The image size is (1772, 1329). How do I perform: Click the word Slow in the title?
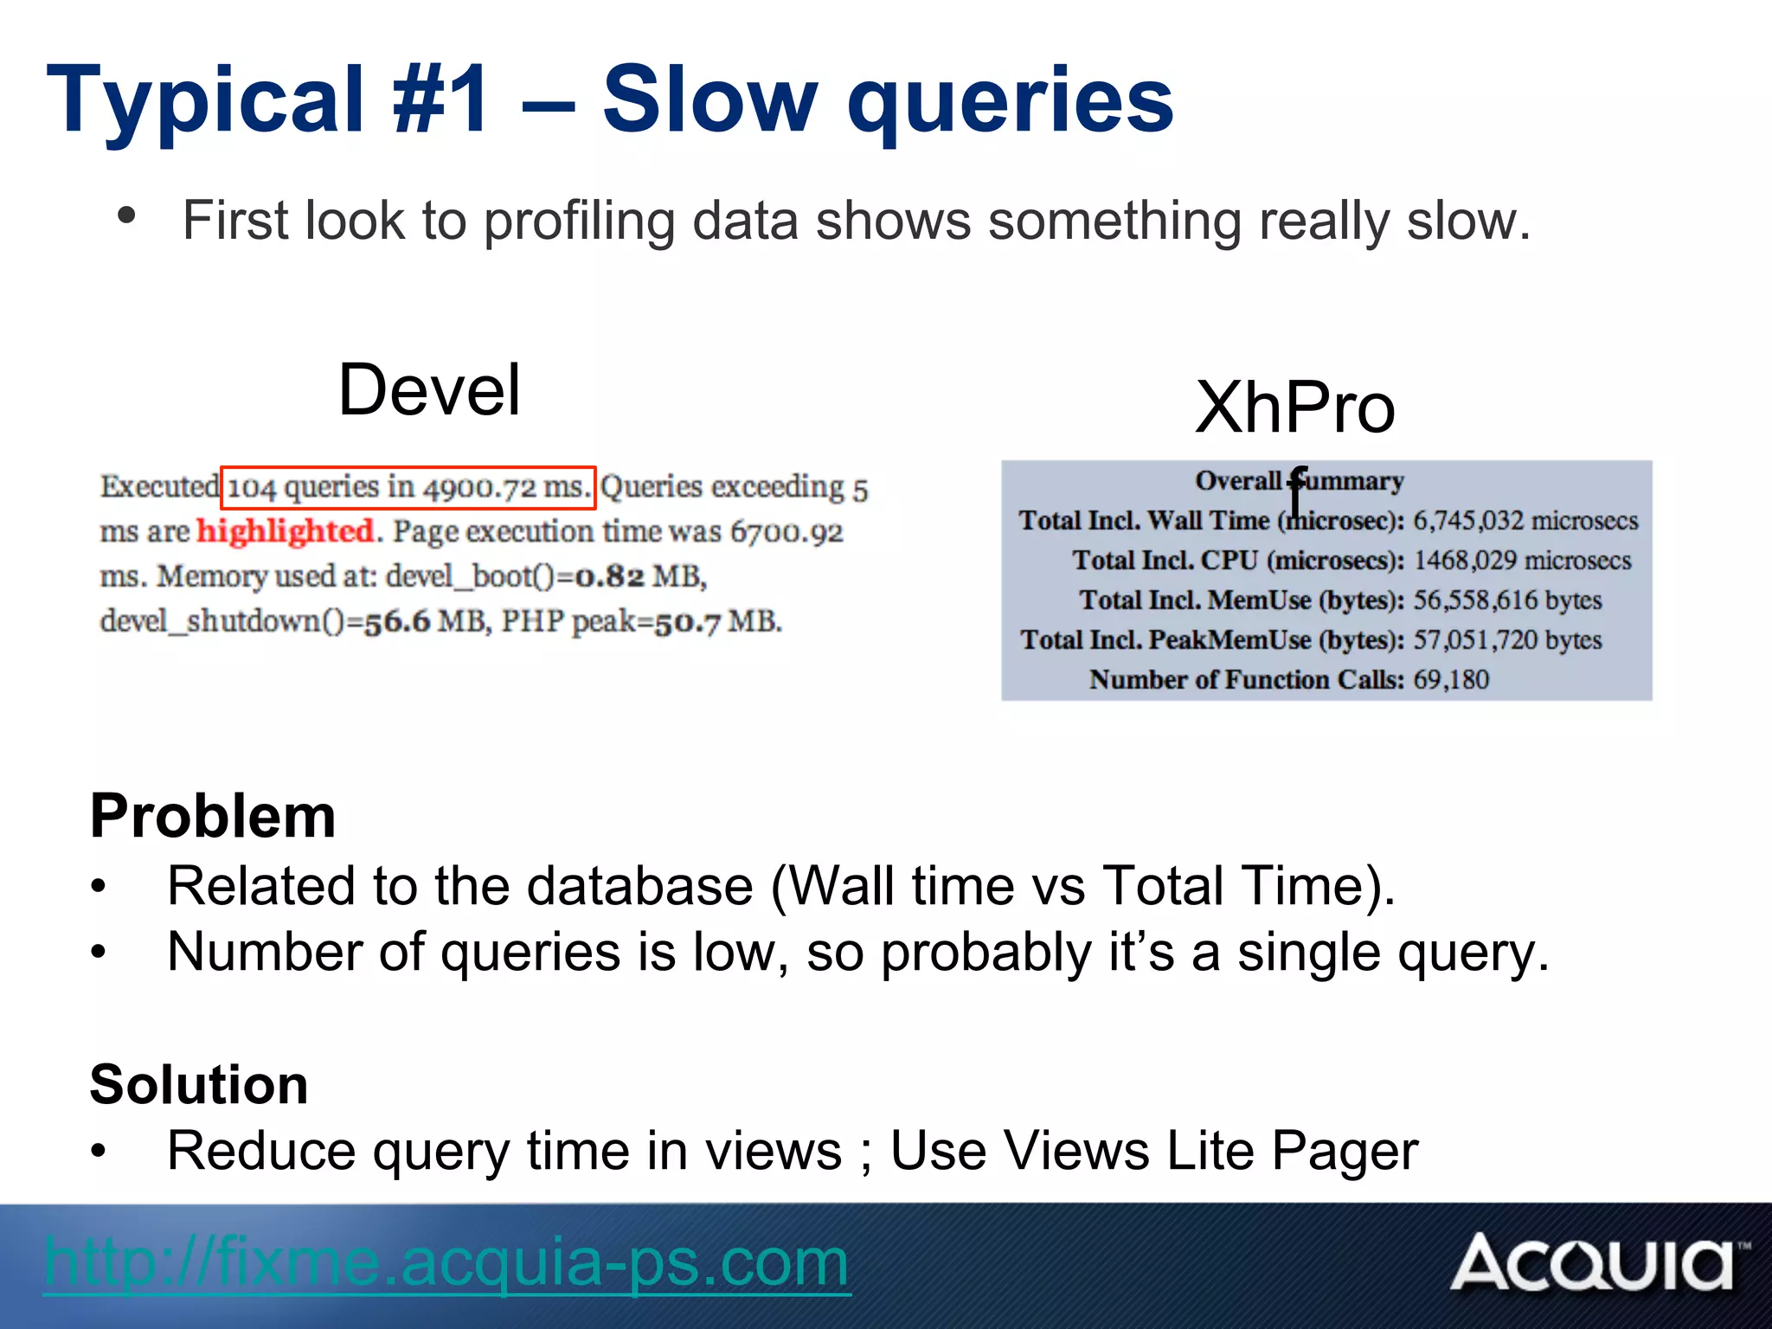coord(709,102)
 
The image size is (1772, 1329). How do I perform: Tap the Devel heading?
coord(430,390)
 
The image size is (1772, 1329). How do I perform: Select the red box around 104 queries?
coord(408,488)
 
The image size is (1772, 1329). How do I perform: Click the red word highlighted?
coord(286,531)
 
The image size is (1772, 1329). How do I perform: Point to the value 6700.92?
coord(786,532)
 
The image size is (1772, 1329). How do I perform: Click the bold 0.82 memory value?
coord(610,576)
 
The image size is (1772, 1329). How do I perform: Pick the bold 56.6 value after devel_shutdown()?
coord(397,622)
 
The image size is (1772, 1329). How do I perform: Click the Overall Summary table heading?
coord(1299,481)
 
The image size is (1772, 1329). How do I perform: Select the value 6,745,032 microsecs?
coord(1525,521)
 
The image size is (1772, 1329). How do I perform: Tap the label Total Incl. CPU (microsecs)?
coord(1238,561)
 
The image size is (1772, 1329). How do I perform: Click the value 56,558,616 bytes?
coord(1507,600)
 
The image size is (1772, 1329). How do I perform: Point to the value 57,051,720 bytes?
coord(1507,640)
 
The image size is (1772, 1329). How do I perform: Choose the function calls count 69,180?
coord(1451,680)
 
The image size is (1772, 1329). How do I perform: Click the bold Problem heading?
coord(213,816)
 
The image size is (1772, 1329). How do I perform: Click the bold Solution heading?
coord(199,1084)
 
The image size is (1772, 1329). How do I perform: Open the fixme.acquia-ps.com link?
coord(446,1262)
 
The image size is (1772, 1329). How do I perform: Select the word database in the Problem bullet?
coord(639,887)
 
